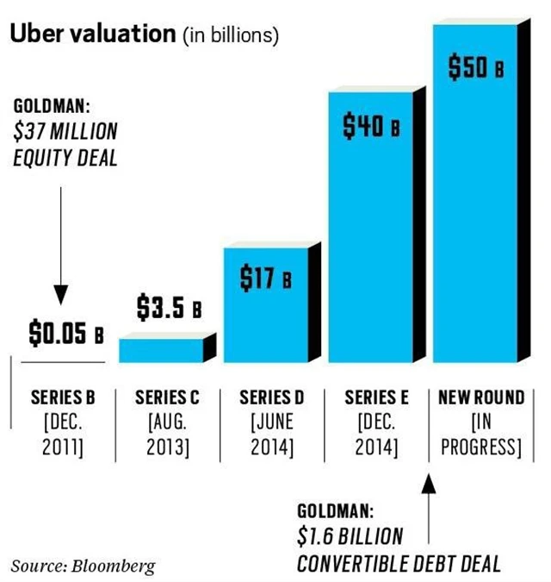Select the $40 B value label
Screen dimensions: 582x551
371,128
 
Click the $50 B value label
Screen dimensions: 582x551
476,67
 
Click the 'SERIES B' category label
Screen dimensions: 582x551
62,398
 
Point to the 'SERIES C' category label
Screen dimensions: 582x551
168,398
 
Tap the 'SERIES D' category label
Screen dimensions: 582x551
272,398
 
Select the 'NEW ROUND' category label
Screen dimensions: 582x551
481,398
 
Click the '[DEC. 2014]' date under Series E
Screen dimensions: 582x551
376,435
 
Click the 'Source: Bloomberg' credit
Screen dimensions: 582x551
83,566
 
